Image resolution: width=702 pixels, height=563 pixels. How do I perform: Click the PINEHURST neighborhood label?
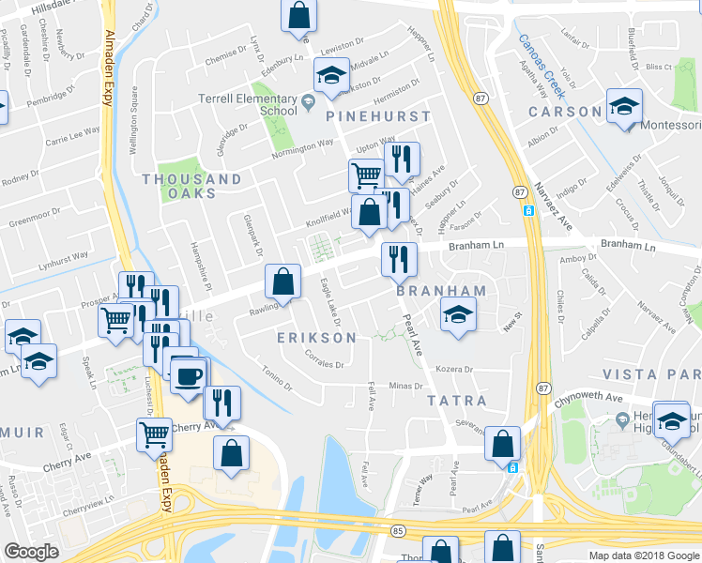tap(378, 117)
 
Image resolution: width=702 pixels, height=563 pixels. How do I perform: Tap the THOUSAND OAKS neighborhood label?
tap(191, 186)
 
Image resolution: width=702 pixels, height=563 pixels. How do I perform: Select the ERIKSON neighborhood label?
tap(316, 338)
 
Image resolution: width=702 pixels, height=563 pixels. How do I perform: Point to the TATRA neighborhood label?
tap(457, 401)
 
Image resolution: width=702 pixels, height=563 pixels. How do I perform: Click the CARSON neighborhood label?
tap(565, 112)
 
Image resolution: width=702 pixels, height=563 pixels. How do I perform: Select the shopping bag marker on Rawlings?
tap(282, 281)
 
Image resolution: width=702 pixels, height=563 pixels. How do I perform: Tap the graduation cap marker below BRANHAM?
tap(457, 315)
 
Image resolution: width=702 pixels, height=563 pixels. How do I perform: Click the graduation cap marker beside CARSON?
tap(624, 108)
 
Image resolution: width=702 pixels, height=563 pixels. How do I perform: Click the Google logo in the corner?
tap(31, 552)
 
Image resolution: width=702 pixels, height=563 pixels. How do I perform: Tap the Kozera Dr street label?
tap(458, 370)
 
